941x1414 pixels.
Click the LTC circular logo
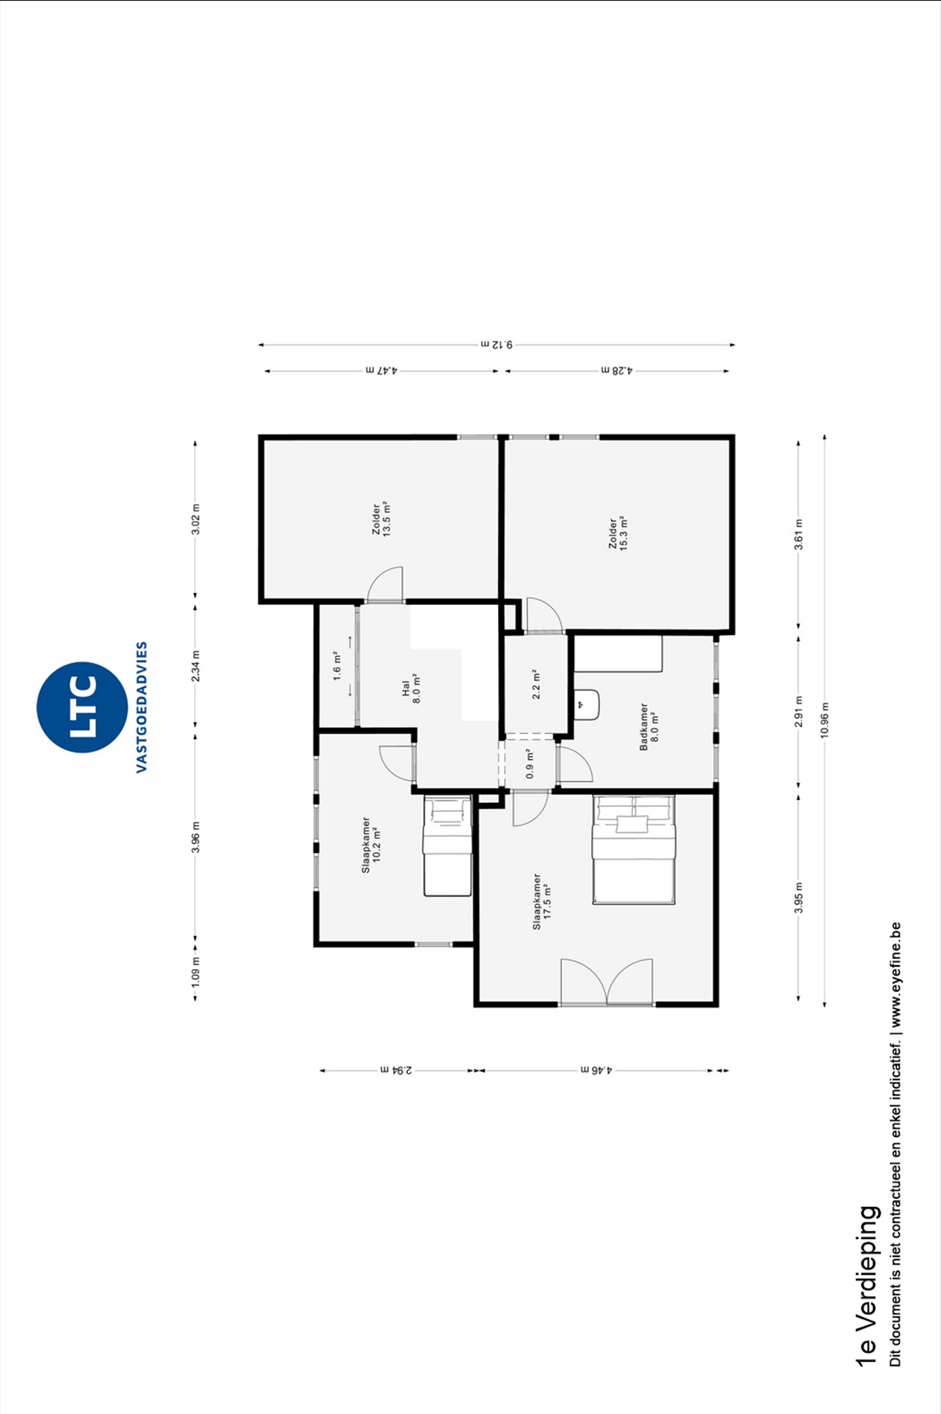[x=82, y=707]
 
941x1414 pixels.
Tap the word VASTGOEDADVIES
[x=141, y=707]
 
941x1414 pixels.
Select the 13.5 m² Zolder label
[x=382, y=519]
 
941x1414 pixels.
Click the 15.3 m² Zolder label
[x=618, y=533]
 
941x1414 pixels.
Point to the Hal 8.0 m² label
[x=411, y=688]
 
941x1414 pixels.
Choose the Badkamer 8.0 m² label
[x=649, y=726]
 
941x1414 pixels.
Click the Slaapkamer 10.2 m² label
[x=371, y=845]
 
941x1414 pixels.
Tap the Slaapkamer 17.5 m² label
[x=542, y=901]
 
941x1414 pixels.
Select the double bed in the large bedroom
[x=634, y=850]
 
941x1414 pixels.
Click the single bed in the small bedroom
[x=447, y=846]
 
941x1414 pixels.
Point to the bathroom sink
[x=587, y=704]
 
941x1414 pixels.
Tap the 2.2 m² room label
[x=536, y=684]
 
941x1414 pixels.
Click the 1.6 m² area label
[x=336, y=666]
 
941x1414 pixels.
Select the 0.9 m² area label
[x=530, y=764]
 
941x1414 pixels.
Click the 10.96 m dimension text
[x=824, y=720]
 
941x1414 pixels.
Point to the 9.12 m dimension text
[x=497, y=345]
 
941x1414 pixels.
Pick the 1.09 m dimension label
[x=195, y=972]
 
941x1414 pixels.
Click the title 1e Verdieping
[x=867, y=1285]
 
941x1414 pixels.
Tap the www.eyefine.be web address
[x=896, y=975]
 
